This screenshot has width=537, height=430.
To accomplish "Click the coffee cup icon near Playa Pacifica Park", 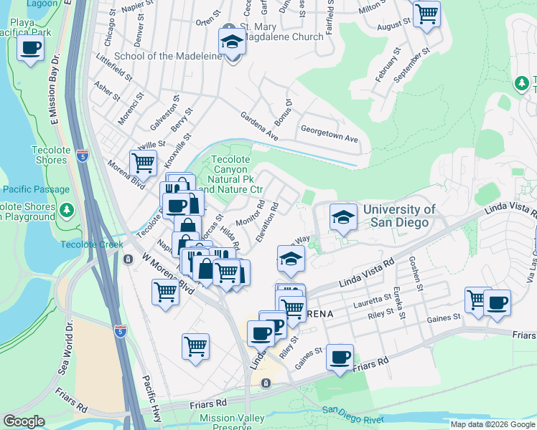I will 31,49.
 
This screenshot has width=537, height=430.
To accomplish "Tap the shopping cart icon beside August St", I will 426,13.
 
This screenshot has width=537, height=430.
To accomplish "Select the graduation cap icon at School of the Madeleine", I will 232,43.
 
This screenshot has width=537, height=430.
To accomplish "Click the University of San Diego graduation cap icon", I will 343,216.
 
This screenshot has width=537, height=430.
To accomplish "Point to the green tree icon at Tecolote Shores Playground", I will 67,210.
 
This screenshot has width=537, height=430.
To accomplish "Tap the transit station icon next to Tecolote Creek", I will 128,259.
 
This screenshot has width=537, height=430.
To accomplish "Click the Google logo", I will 24,421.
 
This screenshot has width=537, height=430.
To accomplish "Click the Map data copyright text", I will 492,424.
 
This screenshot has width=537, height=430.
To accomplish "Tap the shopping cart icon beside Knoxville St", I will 143,163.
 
